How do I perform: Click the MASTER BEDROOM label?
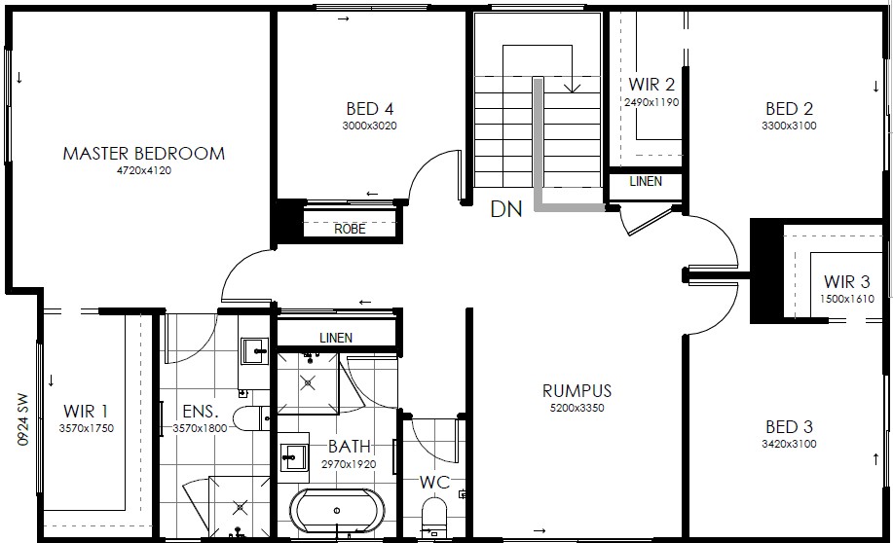[143, 153]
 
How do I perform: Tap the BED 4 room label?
[370, 109]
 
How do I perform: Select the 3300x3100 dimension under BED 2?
[789, 126]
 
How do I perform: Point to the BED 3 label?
[789, 427]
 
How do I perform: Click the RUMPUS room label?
[577, 391]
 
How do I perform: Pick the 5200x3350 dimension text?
[577, 408]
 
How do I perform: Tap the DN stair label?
[506, 209]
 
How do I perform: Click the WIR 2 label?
[651, 85]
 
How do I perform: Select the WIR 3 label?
[847, 282]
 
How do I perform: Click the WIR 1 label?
[86, 411]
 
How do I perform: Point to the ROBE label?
[350, 229]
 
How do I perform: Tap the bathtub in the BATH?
[337, 511]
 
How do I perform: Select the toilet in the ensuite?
[249, 418]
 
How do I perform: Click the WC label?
[434, 483]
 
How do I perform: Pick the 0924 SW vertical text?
[22, 418]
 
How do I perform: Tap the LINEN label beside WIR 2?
[646, 182]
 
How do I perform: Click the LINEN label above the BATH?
[336, 338]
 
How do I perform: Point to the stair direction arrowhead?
[572, 88]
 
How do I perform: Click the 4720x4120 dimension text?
[143, 170]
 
